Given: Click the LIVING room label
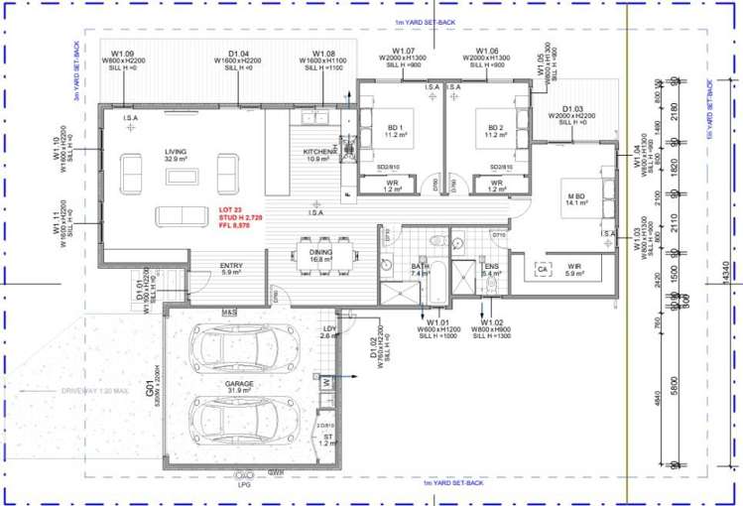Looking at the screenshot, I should (x=176, y=151).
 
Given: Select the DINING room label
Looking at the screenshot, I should (x=320, y=252).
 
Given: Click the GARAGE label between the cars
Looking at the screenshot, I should (x=238, y=383).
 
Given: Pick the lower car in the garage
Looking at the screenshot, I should (x=241, y=421).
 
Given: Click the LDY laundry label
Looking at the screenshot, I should (x=330, y=329).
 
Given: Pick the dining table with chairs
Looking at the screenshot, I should (x=320, y=254).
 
